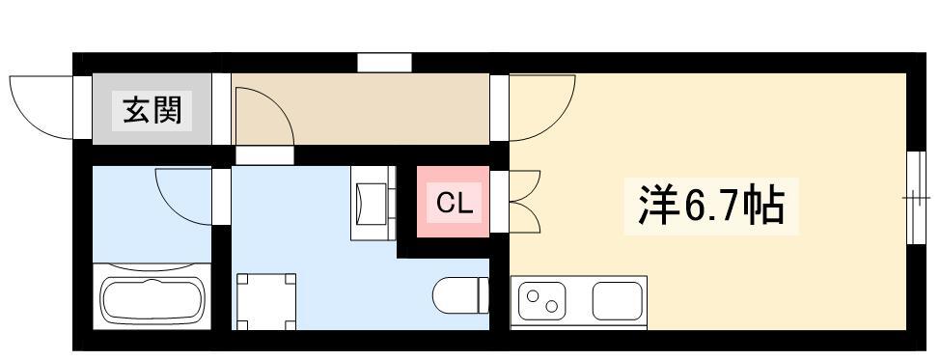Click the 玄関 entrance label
click(152, 110)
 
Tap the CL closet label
click(454, 204)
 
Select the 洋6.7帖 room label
click(711, 205)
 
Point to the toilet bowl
click(461, 295)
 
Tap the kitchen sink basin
click(618, 300)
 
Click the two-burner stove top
click(542, 300)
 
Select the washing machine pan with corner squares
click(266, 302)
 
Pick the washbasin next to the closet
click(373, 203)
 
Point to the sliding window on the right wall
click(917, 198)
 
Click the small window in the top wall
click(384, 63)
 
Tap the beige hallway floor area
click(360, 109)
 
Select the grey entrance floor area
click(152, 109)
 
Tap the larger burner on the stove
click(532, 294)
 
